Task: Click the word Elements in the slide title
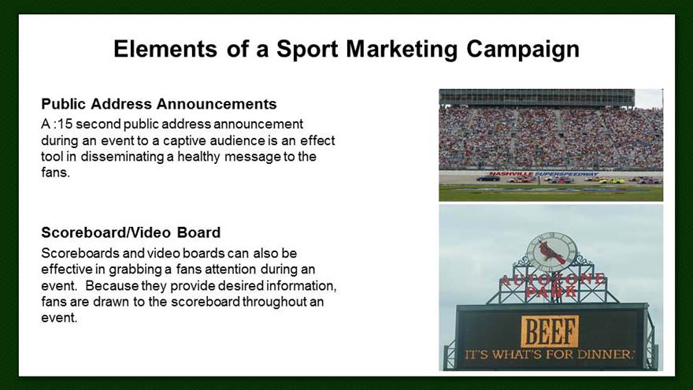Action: tap(165, 49)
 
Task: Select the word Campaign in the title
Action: tap(523, 50)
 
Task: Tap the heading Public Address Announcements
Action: tap(159, 104)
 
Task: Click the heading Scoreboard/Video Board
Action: tap(131, 232)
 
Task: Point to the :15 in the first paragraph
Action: tap(63, 124)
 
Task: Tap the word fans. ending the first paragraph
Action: tap(56, 173)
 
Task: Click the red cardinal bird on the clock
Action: tap(551, 252)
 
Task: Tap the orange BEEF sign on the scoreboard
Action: tap(550, 331)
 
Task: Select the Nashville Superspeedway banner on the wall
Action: tap(543, 174)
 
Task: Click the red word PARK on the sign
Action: tap(551, 292)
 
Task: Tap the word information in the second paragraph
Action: tap(301, 286)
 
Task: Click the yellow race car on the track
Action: tap(611, 180)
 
